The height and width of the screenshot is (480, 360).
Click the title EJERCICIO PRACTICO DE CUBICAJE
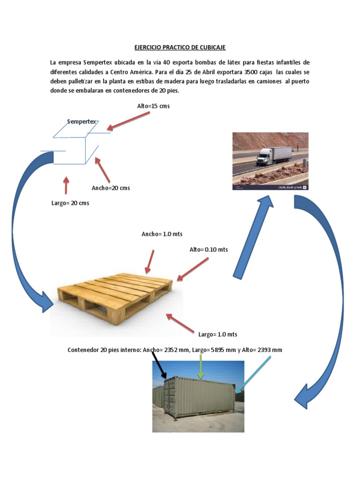point(180,47)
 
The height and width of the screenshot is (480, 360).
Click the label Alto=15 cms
point(153,106)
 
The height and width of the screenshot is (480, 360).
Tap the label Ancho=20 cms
point(111,188)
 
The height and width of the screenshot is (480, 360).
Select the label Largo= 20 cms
point(70,203)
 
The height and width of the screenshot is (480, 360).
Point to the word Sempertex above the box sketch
point(82,121)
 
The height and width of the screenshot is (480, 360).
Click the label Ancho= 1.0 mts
point(162,234)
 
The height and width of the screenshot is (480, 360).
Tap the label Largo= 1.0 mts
point(217,334)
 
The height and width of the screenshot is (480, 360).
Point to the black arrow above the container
point(159,366)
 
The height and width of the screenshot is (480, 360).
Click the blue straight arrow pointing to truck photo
point(253,237)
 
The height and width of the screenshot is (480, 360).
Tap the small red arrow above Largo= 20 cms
point(66,186)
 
